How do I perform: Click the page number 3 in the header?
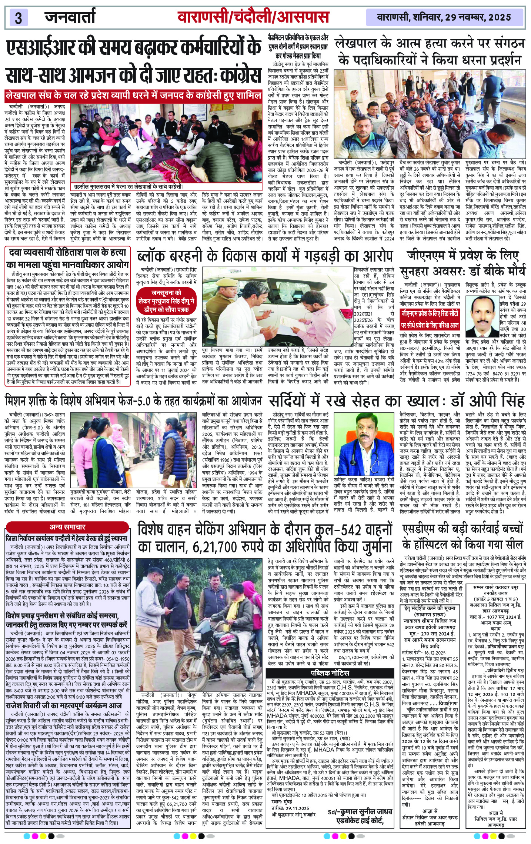pyautogui.click(x=18, y=17)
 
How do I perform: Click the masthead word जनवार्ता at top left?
pyautogui.click(x=70, y=17)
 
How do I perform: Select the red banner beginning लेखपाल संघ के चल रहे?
pyautogui.click(x=134, y=95)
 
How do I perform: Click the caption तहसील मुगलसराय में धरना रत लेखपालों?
pyautogui.click(x=128, y=187)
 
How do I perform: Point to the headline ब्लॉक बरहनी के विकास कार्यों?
pyautogui.click(x=264, y=256)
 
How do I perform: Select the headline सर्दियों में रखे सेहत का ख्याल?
pyautogui.click(x=396, y=401)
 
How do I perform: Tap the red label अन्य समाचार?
pyautogui.click(x=67, y=527)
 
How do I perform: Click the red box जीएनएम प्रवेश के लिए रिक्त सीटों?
pyautogui.click(x=430, y=319)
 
